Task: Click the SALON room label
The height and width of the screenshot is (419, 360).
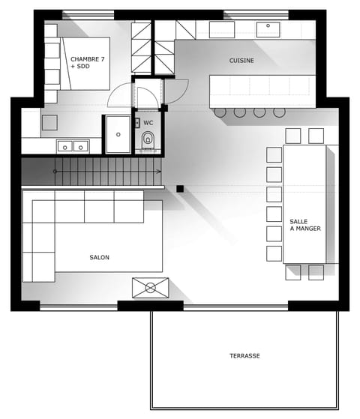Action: pos(99,257)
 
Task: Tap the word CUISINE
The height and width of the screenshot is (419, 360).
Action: pos(241,60)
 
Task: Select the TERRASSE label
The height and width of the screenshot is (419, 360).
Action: pos(244,355)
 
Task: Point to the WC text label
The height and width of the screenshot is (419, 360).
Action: pos(148,122)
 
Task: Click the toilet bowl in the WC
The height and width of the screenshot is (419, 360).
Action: pos(148,139)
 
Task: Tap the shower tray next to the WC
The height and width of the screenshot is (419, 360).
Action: pos(118,133)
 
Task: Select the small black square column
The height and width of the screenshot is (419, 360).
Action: pos(180,188)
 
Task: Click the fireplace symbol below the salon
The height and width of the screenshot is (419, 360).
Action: pos(150,287)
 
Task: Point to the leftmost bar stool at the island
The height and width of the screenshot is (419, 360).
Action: pos(220,112)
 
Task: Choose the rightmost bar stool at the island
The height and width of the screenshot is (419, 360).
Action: pos(279,112)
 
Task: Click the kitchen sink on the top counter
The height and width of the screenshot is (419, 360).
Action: pos(268,29)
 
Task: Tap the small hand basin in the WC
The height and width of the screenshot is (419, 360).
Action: pos(138,122)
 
